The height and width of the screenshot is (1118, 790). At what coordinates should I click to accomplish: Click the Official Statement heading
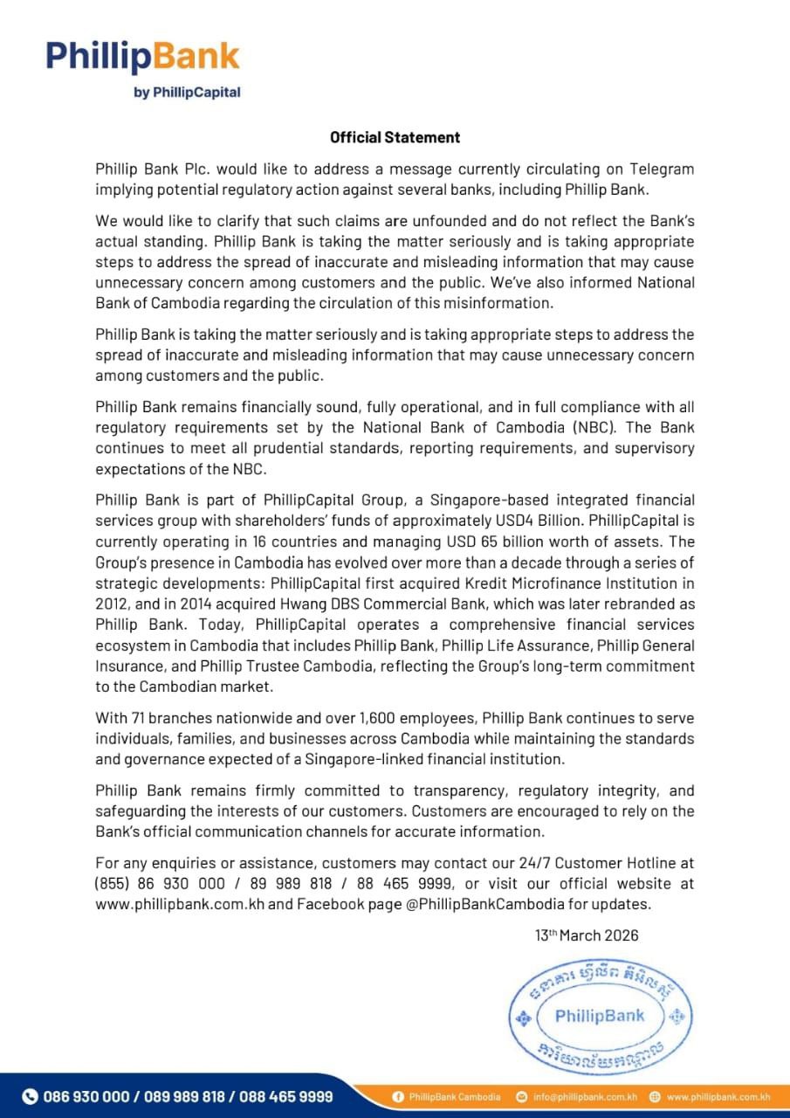[x=395, y=137]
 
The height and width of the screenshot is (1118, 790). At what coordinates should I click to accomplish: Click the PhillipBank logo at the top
[x=143, y=56]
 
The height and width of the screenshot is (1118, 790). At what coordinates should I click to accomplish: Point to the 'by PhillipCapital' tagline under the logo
[x=187, y=92]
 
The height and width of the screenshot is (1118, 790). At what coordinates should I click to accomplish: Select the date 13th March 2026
[x=587, y=935]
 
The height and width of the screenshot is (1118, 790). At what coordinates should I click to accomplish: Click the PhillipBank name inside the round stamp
[x=599, y=1016]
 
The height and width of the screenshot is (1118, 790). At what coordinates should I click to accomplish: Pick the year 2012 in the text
[x=113, y=603]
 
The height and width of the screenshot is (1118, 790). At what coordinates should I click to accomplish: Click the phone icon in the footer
[x=30, y=1096]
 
